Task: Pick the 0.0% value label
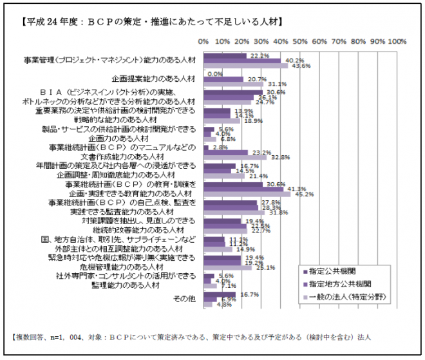click(215, 73)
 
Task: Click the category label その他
click(184, 299)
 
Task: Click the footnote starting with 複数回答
click(193, 337)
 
